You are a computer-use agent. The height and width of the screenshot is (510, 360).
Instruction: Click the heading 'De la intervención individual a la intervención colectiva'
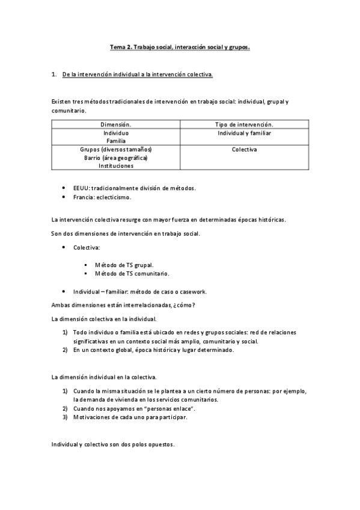click(x=138, y=75)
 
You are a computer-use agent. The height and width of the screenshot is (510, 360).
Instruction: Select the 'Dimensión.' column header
click(x=115, y=124)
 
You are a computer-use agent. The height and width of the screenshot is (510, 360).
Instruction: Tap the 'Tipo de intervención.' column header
click(x=244, y=124)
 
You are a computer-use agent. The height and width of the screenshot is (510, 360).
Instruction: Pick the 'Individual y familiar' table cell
click(x=244, y=132)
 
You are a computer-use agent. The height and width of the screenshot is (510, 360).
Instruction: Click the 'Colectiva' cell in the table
click(x=244, y=149)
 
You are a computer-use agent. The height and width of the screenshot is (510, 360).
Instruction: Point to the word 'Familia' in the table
click(x=115, y=141)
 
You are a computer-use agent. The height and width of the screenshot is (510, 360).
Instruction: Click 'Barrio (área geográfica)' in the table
click(x=115, y=158)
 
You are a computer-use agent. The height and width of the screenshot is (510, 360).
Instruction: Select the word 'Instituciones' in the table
click(x=115, y=166)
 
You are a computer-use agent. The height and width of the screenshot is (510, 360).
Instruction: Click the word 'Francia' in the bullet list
click(x=84, y=197)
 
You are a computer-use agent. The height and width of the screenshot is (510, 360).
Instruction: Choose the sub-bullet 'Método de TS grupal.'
click(x=124, y=265)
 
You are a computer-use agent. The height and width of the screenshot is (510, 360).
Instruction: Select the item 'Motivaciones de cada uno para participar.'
click(x=130, y=417)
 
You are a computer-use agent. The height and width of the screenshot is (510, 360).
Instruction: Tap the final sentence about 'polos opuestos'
click(x=113, y=444)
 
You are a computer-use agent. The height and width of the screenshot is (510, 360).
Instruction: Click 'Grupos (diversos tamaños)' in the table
click(x=115, y=149)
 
